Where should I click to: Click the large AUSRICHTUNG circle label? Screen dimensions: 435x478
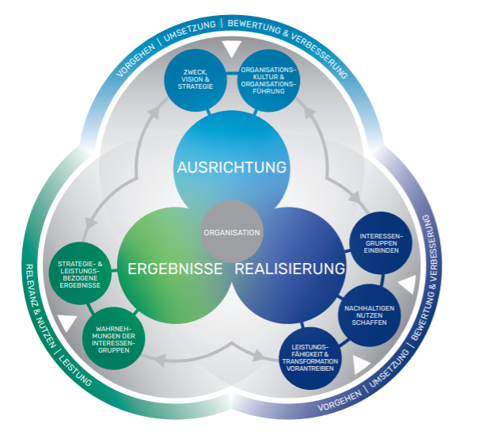231,168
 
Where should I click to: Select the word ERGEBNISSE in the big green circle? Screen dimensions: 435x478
175,269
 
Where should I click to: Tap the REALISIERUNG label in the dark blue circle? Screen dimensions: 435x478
290,269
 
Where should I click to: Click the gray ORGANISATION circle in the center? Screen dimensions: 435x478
231,233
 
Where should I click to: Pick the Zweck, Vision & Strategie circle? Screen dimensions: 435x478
194,80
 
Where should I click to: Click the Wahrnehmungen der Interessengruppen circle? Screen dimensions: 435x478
118,338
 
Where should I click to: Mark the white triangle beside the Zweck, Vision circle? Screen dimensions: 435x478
230,49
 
